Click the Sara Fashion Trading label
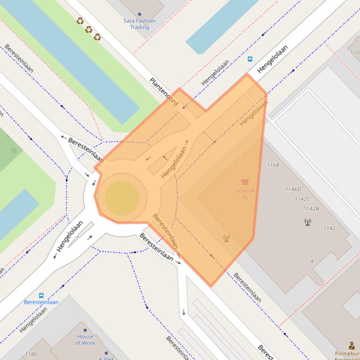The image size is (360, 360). [x=140, y=24]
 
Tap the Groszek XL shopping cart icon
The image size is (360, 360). [x=245, y=182]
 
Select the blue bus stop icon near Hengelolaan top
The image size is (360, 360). [x=250, y=59]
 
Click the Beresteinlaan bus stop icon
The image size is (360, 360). [x=41, y=295]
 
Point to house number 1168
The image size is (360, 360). [x=272, y=165]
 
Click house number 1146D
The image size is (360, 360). [x=293, y=189]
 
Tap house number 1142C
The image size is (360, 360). [x=302, y=199]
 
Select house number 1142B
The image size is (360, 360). [x=311, y=209]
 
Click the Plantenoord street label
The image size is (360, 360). [x=164, y=92]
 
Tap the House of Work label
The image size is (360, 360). [x=85, y=339]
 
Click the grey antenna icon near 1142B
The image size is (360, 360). [x=308, y=222]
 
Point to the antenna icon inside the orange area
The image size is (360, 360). [x=227, y=238]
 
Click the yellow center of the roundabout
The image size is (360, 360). [x=122, y=198]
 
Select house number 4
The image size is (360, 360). [x=312, y=261]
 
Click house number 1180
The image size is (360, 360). [x=31, y=354]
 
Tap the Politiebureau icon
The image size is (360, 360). [x=352, y=346]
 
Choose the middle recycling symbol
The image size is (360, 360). [x=89, y=29]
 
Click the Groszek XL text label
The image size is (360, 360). [x=244, y=194]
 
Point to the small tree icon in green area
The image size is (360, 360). [x=14, y=151]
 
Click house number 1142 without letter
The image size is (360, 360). [x=329, y=228]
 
